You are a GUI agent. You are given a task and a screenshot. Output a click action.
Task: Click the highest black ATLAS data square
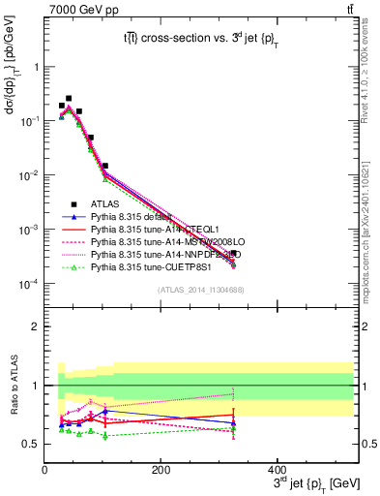(68, 98)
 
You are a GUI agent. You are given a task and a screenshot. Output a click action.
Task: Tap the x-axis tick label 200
(161, 471)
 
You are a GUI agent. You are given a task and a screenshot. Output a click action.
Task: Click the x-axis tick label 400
(277, 471)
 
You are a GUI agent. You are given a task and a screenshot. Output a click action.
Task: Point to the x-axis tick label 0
(44, 471)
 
